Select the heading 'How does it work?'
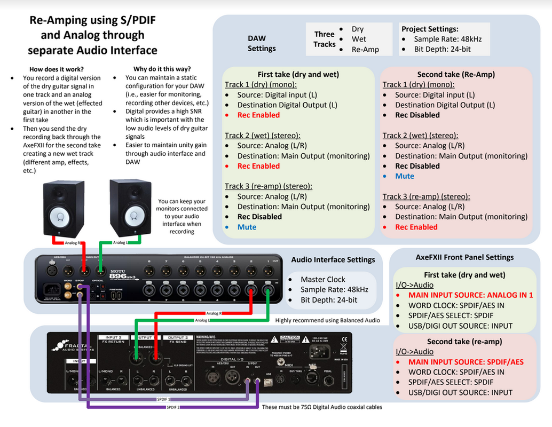pyautogui.click(x=57, y=69)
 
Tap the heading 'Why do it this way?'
pyautogui.click(x=162, y=69)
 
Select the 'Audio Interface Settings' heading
pyautogui.click(x=333, y=260)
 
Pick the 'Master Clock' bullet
pyautogui.click(x=322, y=279)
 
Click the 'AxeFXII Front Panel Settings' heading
pyautogui.click(x=464, y=257)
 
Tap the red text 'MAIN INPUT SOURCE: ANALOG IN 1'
pyautogui.click(x=470, y=295)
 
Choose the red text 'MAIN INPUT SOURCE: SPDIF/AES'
pyautogui.click(x=466, y=362)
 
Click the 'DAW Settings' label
pyautogui.click(x=262, y=43)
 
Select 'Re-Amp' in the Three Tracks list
pyautogui.click(x=365, y=49)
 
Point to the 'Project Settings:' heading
pyautogui.click(x=430, y=29)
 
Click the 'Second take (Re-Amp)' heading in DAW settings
pyautogui.click(x=456, y=75)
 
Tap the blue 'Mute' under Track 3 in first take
pyautogui.click(x=247, y=227)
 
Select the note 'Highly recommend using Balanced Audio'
pyautogui.click(x=328, y=320)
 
